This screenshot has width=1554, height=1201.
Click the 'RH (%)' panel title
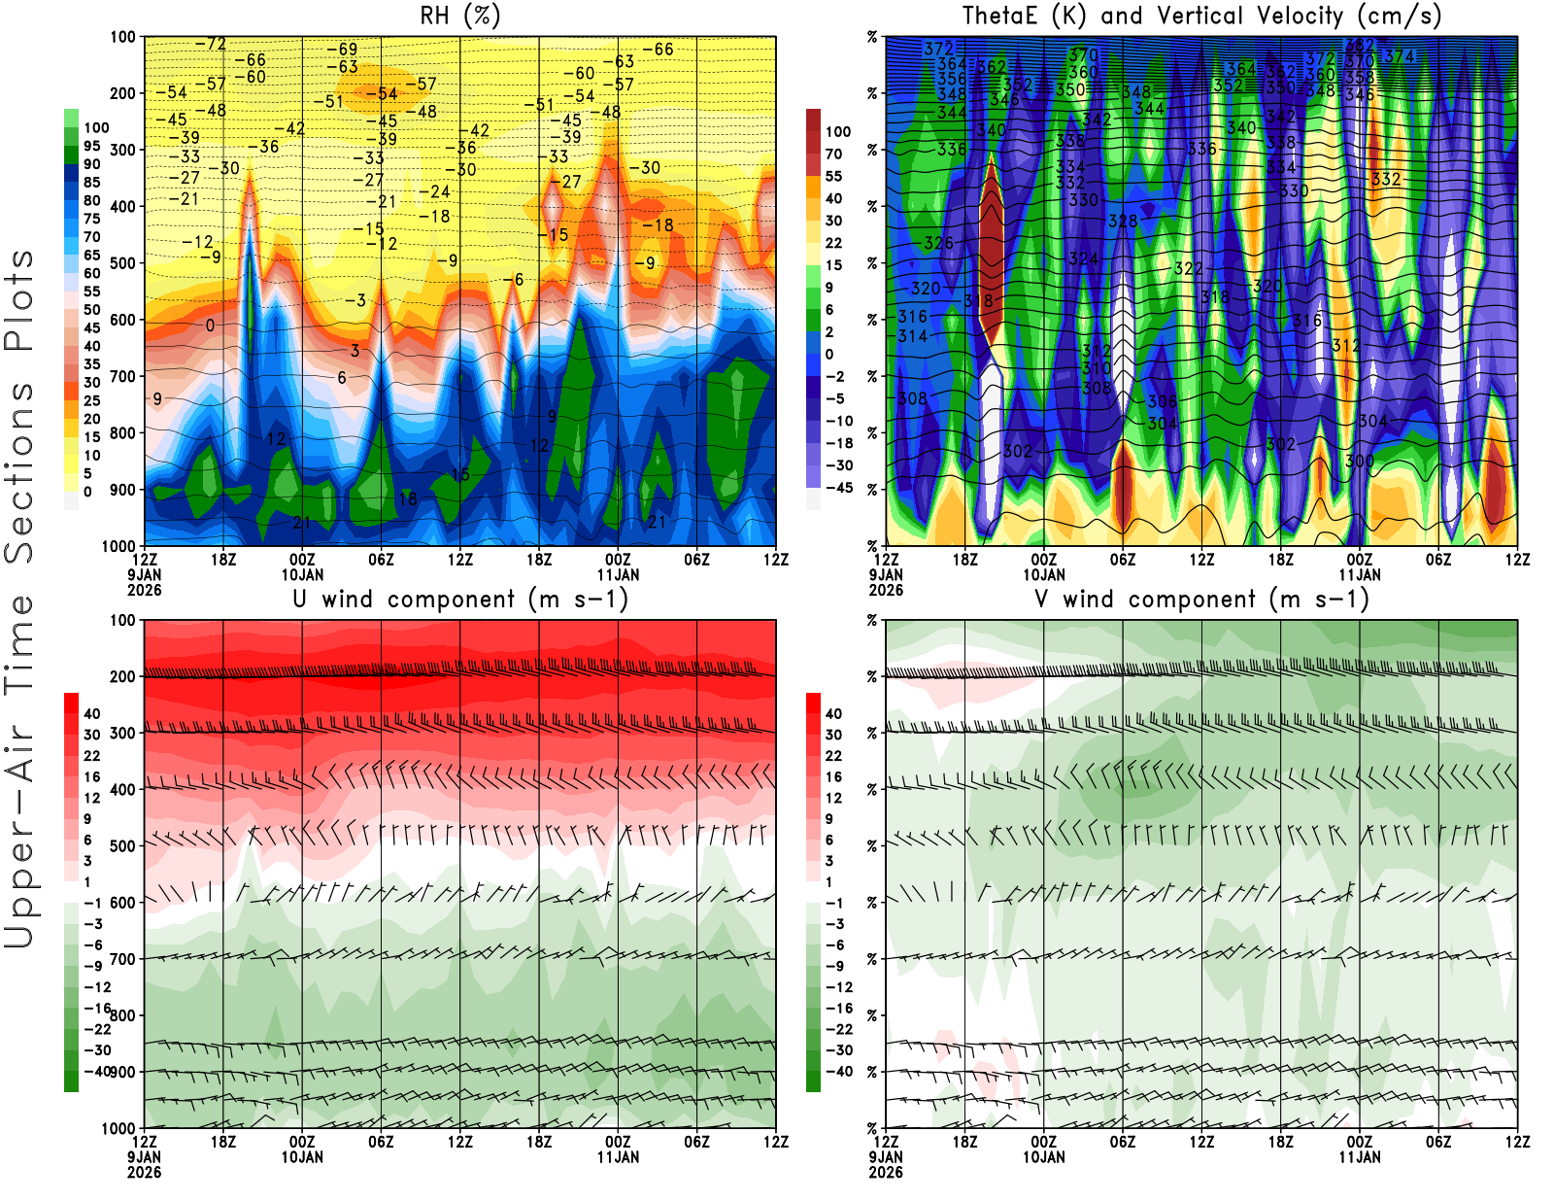459,16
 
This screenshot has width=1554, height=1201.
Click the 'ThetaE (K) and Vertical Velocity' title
1201,16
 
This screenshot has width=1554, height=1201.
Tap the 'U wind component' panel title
459,599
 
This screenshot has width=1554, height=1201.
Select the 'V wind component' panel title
1201,599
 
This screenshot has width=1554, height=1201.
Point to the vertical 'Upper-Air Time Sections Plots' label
19,598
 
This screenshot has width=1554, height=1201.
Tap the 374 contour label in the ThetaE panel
1399,57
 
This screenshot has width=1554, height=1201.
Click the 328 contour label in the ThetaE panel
1123,222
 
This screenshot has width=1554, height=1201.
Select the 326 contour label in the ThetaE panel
938,243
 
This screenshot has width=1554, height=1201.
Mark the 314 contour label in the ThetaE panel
912,336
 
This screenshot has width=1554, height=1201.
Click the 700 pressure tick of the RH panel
122,376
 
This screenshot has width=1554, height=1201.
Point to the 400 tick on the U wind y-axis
122,789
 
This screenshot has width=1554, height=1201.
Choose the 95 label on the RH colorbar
92,146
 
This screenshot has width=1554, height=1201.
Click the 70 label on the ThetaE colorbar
833,154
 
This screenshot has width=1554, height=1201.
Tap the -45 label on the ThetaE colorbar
838,488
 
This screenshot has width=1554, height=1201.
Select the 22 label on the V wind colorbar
833,756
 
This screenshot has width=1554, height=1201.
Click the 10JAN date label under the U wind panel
302,1157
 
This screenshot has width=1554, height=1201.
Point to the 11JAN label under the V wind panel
1359,1157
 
